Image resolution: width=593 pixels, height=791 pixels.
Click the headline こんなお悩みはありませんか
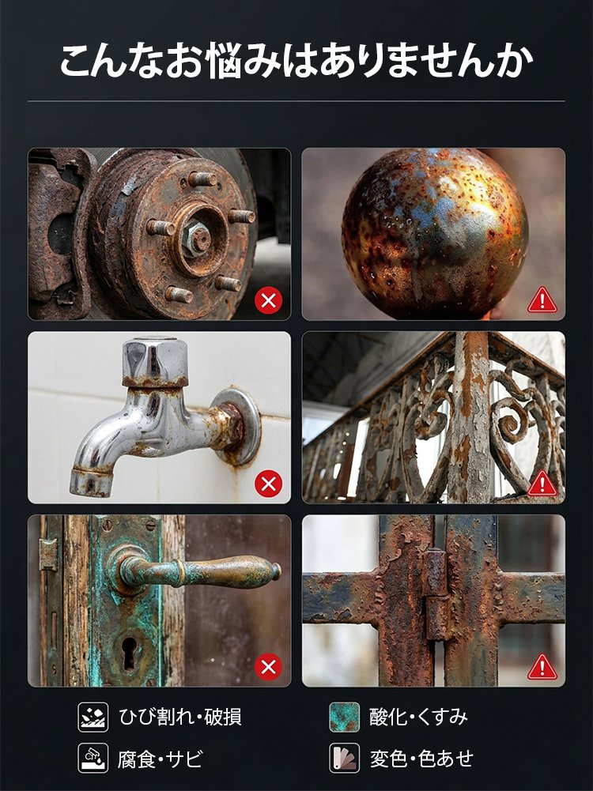tap(296, 61)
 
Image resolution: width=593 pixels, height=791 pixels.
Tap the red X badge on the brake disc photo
tap(269, 300)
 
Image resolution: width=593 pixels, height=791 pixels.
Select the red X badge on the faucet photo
tap(269, 484)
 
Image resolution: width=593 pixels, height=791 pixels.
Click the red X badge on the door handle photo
tap(269, 667)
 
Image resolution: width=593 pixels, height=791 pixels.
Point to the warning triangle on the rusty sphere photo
tap(542, 300)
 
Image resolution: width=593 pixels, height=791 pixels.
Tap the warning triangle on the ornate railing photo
tap(542, 484)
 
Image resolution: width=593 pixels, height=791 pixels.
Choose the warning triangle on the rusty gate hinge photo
tap(542, 668)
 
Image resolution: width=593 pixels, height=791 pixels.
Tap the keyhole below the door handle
tap(129, 653)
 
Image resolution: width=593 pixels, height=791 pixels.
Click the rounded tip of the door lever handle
tap(276, 571)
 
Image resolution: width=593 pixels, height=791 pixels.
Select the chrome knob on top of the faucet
tap(156, 361)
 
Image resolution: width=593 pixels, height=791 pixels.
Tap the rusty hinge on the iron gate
tap(437, 595)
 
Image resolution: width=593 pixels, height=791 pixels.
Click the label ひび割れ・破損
tap(180, 717)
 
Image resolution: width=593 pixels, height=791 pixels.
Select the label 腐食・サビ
tap(161, 759)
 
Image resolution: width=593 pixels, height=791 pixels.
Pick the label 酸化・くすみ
tap(419, 717)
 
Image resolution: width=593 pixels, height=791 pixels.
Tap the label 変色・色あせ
tap(421, 759)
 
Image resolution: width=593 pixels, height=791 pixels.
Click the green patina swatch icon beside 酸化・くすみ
tap(345, 717)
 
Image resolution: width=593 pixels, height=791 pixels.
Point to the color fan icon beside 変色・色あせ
tap(345, 759)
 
